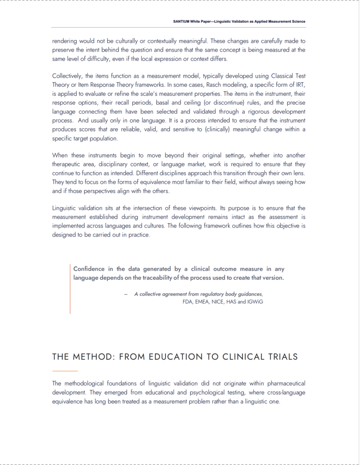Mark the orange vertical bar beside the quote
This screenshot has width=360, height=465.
coord(70,289)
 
